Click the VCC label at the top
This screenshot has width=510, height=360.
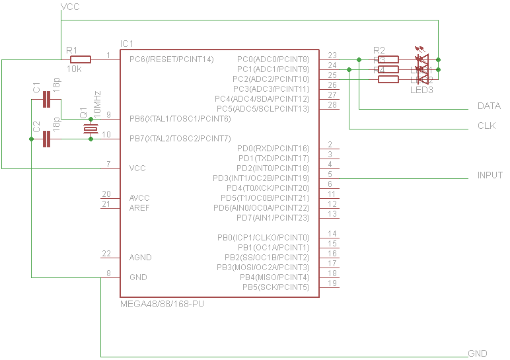tap(70, 7)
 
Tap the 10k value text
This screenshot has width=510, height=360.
tap(75, 69)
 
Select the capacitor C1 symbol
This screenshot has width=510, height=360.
tap(46, 100)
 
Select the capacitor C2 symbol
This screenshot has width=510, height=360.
tap(46, 139)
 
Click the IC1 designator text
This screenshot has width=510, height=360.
tap(127, 44)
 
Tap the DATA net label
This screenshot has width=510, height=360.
tap(488, 106)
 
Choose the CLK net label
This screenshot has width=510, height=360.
tap(486, 126)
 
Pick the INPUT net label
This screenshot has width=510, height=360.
tap(490, 176)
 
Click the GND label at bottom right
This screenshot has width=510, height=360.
tap(477, 354)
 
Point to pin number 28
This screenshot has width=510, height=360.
tap(332, 105)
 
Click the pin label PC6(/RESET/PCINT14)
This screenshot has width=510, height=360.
tap(172, 59)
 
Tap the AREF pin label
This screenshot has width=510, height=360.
tap(139, 208)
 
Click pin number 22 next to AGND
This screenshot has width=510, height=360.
tap(106, 254)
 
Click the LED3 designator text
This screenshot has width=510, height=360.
tap(421, 90)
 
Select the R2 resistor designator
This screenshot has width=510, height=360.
tap(379, 50)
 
